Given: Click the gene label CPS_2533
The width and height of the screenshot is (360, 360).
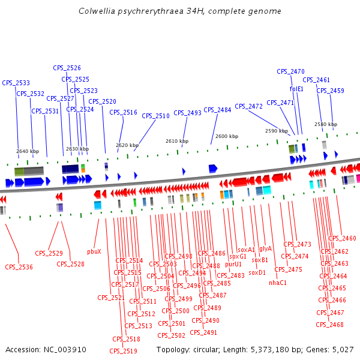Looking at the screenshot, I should click(16, 83).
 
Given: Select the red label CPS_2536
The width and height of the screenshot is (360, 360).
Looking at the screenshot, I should click(19, 266).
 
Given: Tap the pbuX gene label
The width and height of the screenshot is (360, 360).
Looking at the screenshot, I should click(94, 251).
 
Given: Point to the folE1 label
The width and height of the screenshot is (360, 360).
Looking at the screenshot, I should click(296, 89).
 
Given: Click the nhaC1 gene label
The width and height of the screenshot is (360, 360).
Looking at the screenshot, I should click(278, 283).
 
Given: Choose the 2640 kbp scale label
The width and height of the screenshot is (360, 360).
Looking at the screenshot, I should click(28, 151).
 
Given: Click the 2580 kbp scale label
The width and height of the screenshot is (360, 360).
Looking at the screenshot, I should click(326, 124).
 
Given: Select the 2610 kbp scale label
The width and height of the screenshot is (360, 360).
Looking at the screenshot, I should click(177, 141).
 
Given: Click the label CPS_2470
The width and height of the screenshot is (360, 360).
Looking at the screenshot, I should click(291, 71).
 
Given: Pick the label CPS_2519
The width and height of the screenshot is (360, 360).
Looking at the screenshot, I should click(123, 351).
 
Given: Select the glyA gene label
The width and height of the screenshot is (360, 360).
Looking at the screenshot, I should click(265, 248).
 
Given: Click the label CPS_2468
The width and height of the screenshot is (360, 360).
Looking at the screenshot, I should click(330, 325).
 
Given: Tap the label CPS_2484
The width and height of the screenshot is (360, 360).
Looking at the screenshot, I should click(217, 110).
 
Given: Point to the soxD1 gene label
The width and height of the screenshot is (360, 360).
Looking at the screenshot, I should click(257, 272).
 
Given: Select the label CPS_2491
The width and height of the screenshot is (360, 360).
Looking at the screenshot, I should click(203, 332).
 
